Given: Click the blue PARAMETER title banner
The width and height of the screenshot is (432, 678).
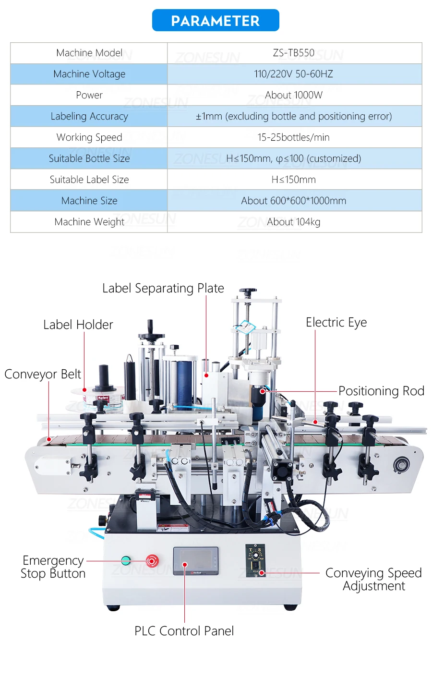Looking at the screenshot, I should pyautogui.click(x=216, y=21).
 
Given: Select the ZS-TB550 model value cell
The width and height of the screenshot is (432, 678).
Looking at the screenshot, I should pyautogui.click(x=293, y=53).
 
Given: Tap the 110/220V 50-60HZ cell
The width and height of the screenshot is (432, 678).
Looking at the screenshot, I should pyautogui.click(x=293, y=74).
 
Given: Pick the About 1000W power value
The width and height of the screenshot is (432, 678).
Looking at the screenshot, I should pyautogui.click(x=293, y=95).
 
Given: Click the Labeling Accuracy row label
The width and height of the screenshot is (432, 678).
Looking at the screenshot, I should pyautogui.click(x=89, y=116).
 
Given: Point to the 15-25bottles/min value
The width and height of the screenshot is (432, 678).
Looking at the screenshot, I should pyautogui.click(x=293, y=137).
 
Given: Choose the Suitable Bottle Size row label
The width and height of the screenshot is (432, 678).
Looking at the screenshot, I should pyautogui.click(x=89, y=158).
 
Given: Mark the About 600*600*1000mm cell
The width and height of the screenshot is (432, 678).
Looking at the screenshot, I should pyautogui.click(x=293, y=201).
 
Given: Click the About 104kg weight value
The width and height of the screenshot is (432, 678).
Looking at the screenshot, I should pyautogui.click(x=293, y=222).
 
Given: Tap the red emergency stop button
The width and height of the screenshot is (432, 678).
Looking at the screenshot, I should pyautogui.click(x=152, y=560).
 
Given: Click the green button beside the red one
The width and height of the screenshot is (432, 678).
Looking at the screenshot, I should pyautogui.click(x=126, y=560).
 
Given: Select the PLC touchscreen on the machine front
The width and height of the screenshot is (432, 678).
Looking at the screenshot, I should pyautogui.click(x=195, y=560).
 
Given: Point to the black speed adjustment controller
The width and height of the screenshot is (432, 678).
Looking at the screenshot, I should pyautogui.click(x=255, y=560).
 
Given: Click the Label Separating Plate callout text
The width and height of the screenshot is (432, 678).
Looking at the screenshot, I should pyautogui.click(x=163, y=288).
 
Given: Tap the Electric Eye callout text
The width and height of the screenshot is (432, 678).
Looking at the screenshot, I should pyautogui.click(x=336, y=322).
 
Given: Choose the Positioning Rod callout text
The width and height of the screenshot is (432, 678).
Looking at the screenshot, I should pyautogui.click(x=381, y=391).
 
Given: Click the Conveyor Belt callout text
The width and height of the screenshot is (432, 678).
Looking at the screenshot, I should pyautogui.click(x=43, y=374).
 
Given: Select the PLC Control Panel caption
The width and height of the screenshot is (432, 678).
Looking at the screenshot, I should pyautogui.click(x=184, y=631).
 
